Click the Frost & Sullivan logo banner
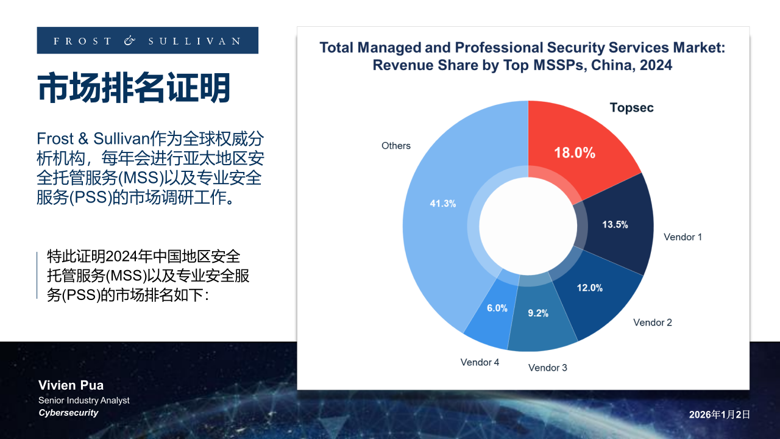point(147,41)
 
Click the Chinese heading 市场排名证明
point(134,88)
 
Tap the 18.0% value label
point(574,153)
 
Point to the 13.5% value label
point(615,224)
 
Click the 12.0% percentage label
point(589,288)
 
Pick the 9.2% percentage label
point(538,313)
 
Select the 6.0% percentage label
point(497,309)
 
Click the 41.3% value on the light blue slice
point(443,204)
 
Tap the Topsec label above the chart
point(631,108)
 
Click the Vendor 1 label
point(682,237)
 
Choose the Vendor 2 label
point(653,323)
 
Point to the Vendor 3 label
point(548,368)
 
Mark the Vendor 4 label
point(480,362)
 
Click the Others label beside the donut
point(396,146)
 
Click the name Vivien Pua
point(71,385)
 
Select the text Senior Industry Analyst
point(84,401)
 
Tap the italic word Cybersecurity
point(68,413)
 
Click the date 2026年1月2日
point(719,415)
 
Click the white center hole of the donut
point(528,225)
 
